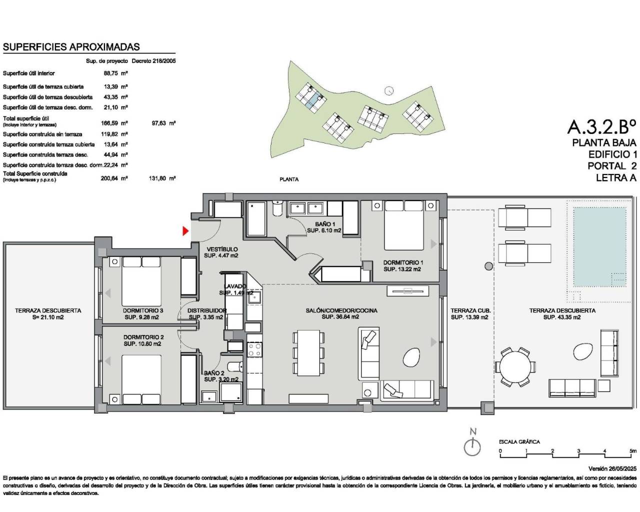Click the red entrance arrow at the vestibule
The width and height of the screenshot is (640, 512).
[185, 231]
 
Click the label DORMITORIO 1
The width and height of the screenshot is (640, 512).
[403, 262]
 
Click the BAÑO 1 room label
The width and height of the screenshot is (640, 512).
[325, 224]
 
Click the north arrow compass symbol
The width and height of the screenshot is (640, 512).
[472, 446]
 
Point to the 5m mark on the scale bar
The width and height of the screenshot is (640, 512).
[633, 451]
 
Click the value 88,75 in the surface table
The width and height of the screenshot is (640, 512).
[110, 73]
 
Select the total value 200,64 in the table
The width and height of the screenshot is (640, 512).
[110, 178]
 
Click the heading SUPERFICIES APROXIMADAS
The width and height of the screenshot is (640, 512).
[71, 47]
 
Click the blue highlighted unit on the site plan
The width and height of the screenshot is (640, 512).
[310, 102]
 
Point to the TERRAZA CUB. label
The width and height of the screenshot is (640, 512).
[469, 310]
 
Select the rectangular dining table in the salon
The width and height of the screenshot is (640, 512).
[307, 352]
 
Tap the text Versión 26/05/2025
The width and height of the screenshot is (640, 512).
[612, 469]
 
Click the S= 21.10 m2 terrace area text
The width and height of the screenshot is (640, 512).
[48, 317]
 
